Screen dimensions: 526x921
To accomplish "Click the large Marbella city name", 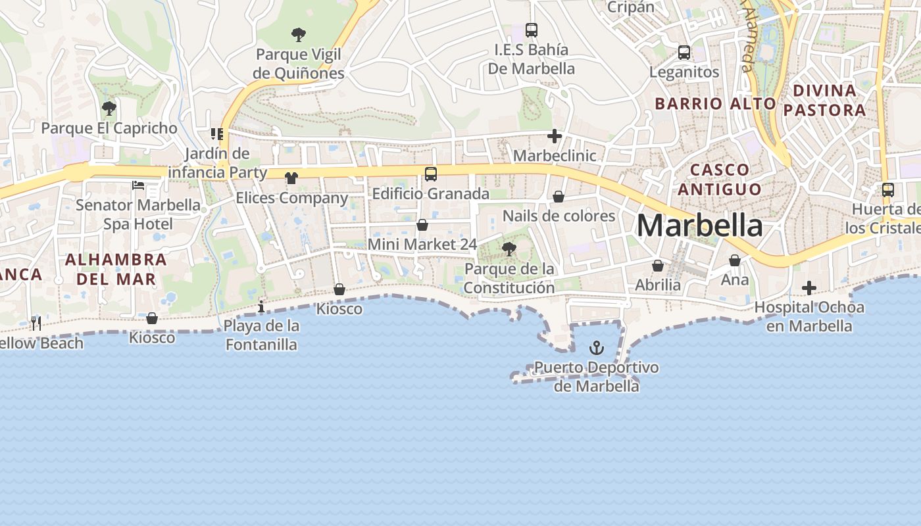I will tap(699, 226).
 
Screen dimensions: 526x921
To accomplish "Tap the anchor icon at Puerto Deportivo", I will tap(597, 347).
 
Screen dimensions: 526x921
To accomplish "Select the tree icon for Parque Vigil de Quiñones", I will tap(298, 34).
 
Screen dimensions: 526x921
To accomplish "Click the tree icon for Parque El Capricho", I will tap(109, 108).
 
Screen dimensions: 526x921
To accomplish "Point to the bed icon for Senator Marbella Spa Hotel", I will tap(138, 185).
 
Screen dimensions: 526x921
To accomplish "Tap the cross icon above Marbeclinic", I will tap(555, 137).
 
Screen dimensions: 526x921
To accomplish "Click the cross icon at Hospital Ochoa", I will tap(809, 288).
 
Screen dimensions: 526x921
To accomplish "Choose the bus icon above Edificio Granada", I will tap(431, 174).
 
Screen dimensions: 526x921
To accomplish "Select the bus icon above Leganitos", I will tap(684, 53).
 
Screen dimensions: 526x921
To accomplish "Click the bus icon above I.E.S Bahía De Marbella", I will tap(532, 30).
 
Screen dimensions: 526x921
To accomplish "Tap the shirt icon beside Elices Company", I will tap(291, 178).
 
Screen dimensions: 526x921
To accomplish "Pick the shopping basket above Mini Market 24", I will tap(422, 226).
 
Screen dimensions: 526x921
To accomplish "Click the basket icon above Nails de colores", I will tap(559, 197).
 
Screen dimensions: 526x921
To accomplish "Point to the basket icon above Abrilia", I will tap(658, 266).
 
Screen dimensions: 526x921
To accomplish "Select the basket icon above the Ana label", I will tap(735, 261).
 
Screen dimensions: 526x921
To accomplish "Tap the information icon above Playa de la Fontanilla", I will tap(261, 306).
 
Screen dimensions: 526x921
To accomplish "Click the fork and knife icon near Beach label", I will tap(36, 323).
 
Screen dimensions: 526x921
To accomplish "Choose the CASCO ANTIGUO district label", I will tap(720, 179).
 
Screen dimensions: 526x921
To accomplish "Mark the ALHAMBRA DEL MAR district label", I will tap(116, 269).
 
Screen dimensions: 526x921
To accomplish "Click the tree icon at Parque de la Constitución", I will tap(509, 249).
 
